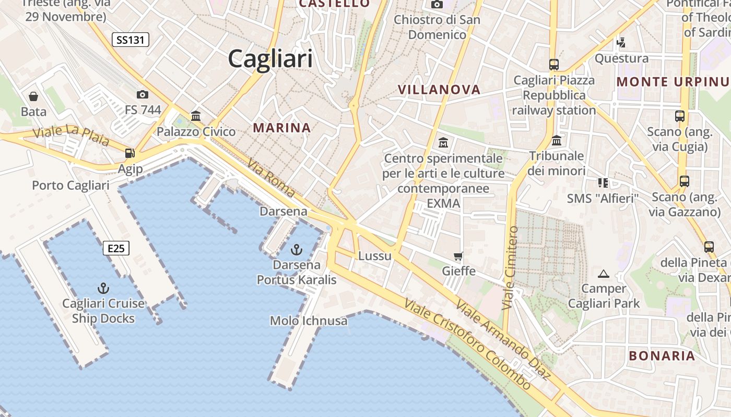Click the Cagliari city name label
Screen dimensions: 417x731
click(270, 58)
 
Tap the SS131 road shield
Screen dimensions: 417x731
click(131, 40)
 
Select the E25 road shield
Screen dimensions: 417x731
click(116, 248)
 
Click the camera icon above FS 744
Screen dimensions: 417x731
click(142, 94)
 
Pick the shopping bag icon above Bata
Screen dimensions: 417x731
click(33, 96)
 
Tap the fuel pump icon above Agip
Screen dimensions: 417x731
click(129, 153)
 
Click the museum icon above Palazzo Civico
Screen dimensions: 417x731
click(196, 116)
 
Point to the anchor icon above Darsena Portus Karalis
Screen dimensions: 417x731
click(297, 250)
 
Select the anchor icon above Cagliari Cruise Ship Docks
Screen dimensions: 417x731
click(103, 288)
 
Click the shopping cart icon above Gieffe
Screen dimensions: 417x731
click(458, 256)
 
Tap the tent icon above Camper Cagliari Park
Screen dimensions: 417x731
click(604, 273)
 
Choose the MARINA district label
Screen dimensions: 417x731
click(282, 128)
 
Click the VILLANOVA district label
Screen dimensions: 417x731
click(439, 90)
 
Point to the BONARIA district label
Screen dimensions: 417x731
click(662, 356)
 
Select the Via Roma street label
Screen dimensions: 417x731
click(272, 178)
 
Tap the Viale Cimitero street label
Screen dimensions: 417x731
click(510, 268)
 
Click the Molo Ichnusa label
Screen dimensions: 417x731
click(309, 321)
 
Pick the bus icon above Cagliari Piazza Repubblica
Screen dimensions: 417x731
click(554, 65)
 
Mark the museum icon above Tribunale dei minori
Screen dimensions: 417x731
click(557, 141)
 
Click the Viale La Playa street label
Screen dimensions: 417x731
click(71, 136)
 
